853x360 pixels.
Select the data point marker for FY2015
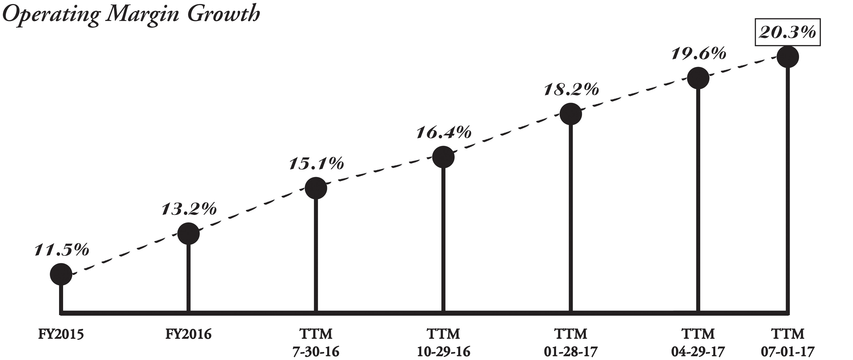coord(61,274)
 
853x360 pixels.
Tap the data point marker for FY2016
coord(188,233)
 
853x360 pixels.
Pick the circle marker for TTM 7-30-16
coord(316,188)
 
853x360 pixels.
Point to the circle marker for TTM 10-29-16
coord(443,157)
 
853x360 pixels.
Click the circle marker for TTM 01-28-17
coord(571,114)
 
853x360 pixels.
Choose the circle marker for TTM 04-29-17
coord(698,78)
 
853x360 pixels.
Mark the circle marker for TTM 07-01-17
coord(788,57)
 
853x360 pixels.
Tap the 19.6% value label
coord(699,54)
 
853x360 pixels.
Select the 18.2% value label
coord(571,89)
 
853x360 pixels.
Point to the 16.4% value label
coord(444,132)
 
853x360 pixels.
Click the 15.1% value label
coord(316,164)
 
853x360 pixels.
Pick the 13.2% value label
coord(189,209)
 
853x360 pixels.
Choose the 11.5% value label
coord(61,250)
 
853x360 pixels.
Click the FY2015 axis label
coord(61,334)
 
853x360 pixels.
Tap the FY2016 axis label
coord(188,334)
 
